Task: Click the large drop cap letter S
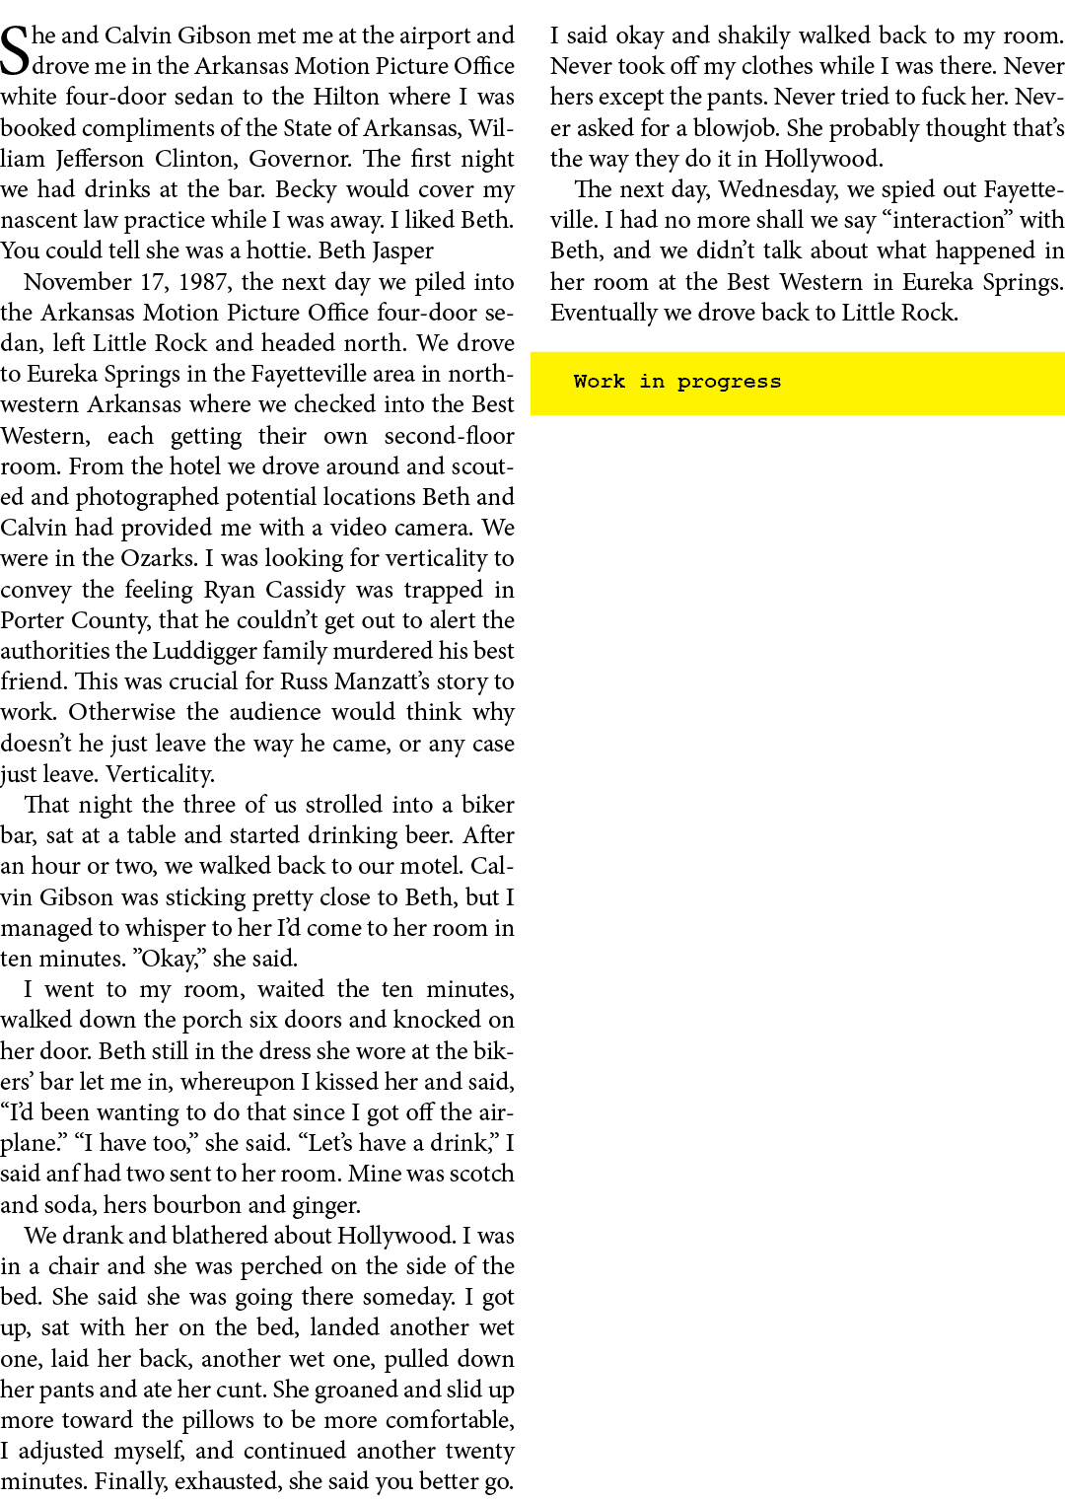click(x=16, y=52)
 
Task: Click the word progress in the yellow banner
click(x=729, y=383)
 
